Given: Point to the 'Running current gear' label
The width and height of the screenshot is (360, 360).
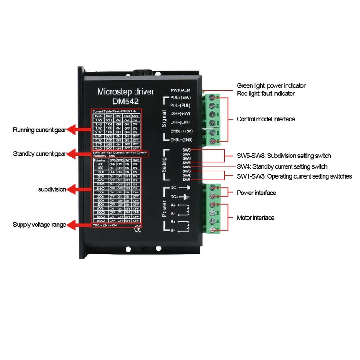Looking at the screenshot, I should coord(40,130).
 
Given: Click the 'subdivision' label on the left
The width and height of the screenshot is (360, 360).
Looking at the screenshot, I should coord(52,189).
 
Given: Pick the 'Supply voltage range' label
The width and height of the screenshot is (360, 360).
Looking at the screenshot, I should coord(40,224).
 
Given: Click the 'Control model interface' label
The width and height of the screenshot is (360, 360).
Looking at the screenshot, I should coord(266,119).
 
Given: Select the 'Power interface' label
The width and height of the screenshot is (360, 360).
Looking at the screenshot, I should coord(256,193).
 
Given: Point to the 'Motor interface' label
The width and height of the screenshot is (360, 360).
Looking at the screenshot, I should coord(256,218).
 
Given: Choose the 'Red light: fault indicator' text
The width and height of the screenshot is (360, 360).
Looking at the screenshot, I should coord(265,94).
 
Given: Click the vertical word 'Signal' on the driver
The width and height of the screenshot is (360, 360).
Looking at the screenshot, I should coord(164,119).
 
